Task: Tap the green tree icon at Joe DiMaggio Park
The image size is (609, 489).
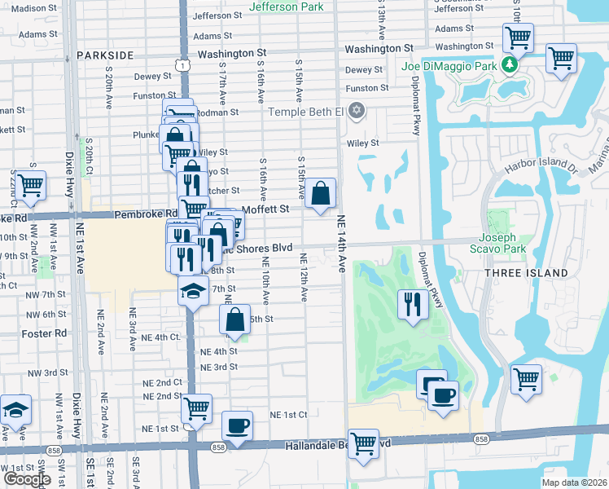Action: tap(510, 64)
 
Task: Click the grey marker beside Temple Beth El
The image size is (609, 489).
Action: tap(356, 110)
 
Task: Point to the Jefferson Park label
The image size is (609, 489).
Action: tap(286, 7)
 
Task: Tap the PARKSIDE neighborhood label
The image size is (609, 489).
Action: tap(105, 55)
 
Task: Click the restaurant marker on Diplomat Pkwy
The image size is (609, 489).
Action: tap(412, 304)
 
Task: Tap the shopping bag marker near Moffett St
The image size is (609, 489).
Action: tap(322, 193)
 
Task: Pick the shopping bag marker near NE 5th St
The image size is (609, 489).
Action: tap(234, 319)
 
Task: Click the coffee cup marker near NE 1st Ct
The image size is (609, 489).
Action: tap(238, 425)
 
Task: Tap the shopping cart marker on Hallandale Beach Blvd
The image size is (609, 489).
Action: tap(363, 443)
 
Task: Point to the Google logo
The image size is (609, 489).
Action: tap(27, 479)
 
